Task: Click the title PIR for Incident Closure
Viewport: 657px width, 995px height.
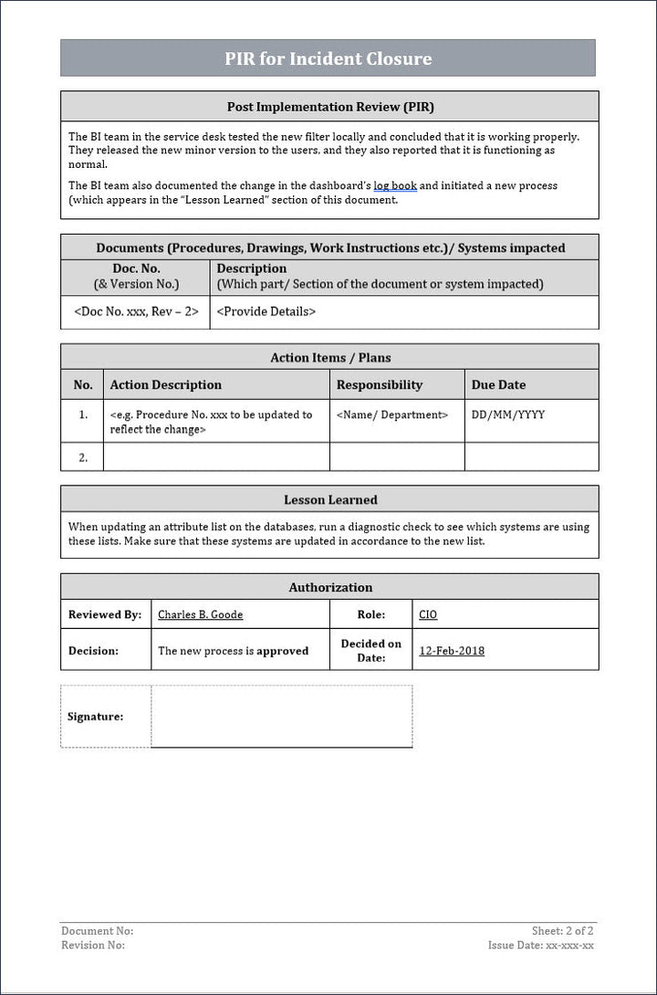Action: click(328, 58)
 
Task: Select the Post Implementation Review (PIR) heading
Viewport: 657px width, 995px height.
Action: click(329, 107)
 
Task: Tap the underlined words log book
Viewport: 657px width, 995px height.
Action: click(395, 185)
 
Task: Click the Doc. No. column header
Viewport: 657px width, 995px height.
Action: click(136, 268)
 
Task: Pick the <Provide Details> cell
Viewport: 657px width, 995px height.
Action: click(266, 311)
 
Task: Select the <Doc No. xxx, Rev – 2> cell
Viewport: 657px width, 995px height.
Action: click(136, 311)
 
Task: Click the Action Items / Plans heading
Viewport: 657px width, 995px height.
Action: click(330, 357)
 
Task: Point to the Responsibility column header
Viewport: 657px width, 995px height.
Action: click(380, 384)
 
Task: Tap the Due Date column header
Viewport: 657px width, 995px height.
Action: click(498, 384)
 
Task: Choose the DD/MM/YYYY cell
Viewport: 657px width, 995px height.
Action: click(508, 414)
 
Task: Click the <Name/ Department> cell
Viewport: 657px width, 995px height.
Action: click(392, 414)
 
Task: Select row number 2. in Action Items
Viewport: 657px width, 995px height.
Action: click(83, 457)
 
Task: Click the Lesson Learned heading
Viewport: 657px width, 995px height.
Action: click(330, 499)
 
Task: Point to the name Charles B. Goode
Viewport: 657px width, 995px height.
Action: click(201, 614)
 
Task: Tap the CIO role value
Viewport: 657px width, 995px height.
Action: click(428, 614)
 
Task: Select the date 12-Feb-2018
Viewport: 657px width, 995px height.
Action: click(452, 651)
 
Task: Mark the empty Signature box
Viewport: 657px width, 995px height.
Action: click(281, 717)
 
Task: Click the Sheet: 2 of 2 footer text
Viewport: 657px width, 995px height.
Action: click(562, 931)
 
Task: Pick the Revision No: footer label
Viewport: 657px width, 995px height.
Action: click(93, 945)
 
